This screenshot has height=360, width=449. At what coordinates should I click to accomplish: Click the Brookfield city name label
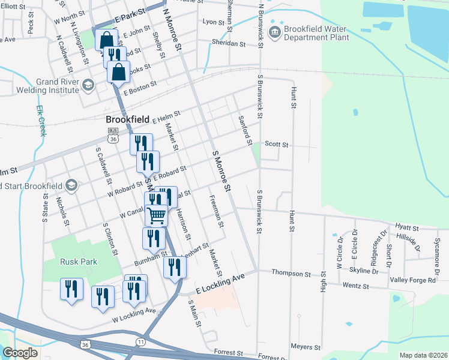click(x=124, y=119)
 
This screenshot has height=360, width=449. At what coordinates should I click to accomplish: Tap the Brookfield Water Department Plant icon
click(x=275, y=32)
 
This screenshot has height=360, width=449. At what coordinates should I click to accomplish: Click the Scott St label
click(x=277, y=145)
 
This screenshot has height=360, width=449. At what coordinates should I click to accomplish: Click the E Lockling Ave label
click(x=220, y=280)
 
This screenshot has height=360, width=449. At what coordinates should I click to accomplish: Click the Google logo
click(x=20, y=352)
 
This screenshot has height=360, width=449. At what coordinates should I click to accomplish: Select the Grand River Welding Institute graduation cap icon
click(x=88, y=85)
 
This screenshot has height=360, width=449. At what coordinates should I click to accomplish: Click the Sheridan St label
click(x=229, y=43)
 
